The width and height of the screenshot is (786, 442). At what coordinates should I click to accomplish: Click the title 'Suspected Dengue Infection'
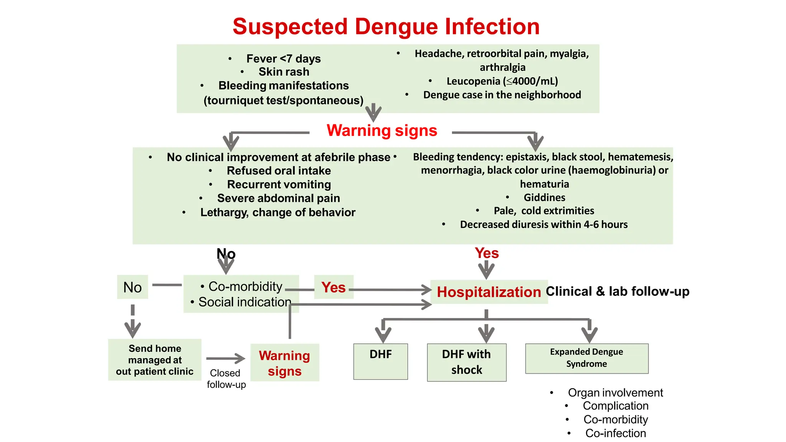(x=386, y=26)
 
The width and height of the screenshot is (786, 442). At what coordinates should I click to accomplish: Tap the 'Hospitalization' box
(x=489, y=292)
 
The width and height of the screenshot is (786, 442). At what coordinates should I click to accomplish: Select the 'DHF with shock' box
(x=466, y=362)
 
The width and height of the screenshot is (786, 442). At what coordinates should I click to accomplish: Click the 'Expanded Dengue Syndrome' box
(x=586, y=358)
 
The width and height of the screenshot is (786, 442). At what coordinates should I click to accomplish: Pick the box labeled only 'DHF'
(x=380, y=361)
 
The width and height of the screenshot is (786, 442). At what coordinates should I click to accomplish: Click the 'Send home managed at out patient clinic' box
(x=155, y=360)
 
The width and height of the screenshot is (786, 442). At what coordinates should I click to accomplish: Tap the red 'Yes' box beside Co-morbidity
(x=334, y=287)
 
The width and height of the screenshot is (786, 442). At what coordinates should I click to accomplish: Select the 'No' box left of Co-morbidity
(x=132, y=287)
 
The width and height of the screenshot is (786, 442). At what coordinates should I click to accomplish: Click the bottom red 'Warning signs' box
(x=284, y=363)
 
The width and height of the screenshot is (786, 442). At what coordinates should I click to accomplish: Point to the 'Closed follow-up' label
(x=226, y=379)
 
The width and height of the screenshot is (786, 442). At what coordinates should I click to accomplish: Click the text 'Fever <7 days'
(x=283, y=59)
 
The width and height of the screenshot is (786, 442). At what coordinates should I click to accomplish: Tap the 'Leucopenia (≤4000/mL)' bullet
(x=502, y=81)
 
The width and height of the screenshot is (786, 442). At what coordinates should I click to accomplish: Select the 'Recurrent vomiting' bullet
(x=279, y=185)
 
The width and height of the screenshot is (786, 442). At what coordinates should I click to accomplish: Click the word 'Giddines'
(x=544, y=198)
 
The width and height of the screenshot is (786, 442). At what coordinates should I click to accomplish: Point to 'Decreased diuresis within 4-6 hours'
(x=543, y=224)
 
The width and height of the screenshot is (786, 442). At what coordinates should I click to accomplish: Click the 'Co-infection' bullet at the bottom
(x=615, y=433)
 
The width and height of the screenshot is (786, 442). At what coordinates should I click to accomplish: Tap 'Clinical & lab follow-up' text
(x=617, y=291)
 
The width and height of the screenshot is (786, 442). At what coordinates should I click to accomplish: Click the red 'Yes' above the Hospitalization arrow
(x=487, y=253)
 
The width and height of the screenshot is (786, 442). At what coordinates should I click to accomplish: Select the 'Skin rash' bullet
(x=284, y=72)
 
